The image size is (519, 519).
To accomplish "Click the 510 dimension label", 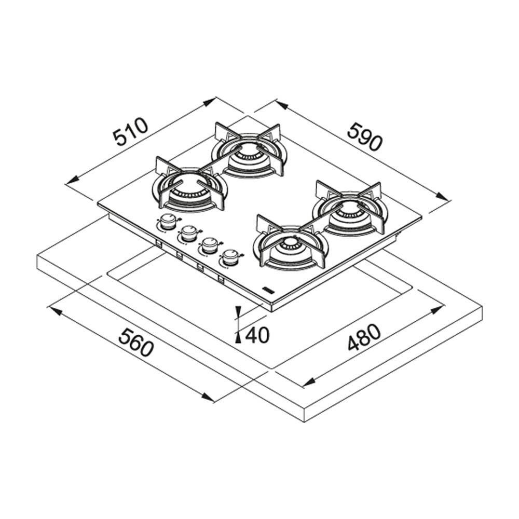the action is (130, 131).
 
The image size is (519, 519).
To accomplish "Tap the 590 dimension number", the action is (365, 136).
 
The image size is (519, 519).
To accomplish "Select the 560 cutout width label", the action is (136, 343).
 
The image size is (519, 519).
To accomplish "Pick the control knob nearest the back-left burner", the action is (168, 222).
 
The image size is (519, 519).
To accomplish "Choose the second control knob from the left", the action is (189, 234).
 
